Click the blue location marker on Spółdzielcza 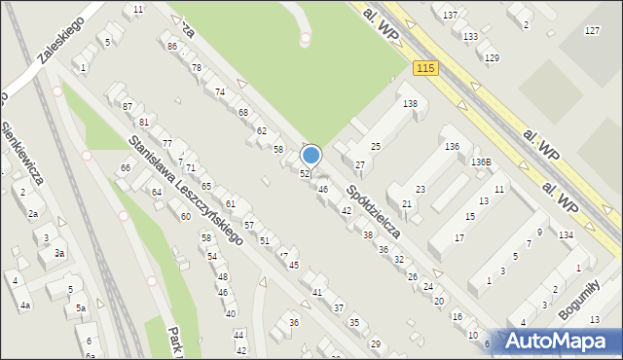point(311,155)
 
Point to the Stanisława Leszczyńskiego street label point(186,190)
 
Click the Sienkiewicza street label point(21,152)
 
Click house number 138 point(410,103)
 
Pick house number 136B point(482,162)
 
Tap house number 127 point(592,31)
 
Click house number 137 point(450,17)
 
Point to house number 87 point(127,105)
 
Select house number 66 point(125,168)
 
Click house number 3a point(59,253)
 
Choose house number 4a point(26,306)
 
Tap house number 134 point(566,234)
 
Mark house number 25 point(375,146)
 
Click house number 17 point(459,237)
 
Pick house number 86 point(171,47)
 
